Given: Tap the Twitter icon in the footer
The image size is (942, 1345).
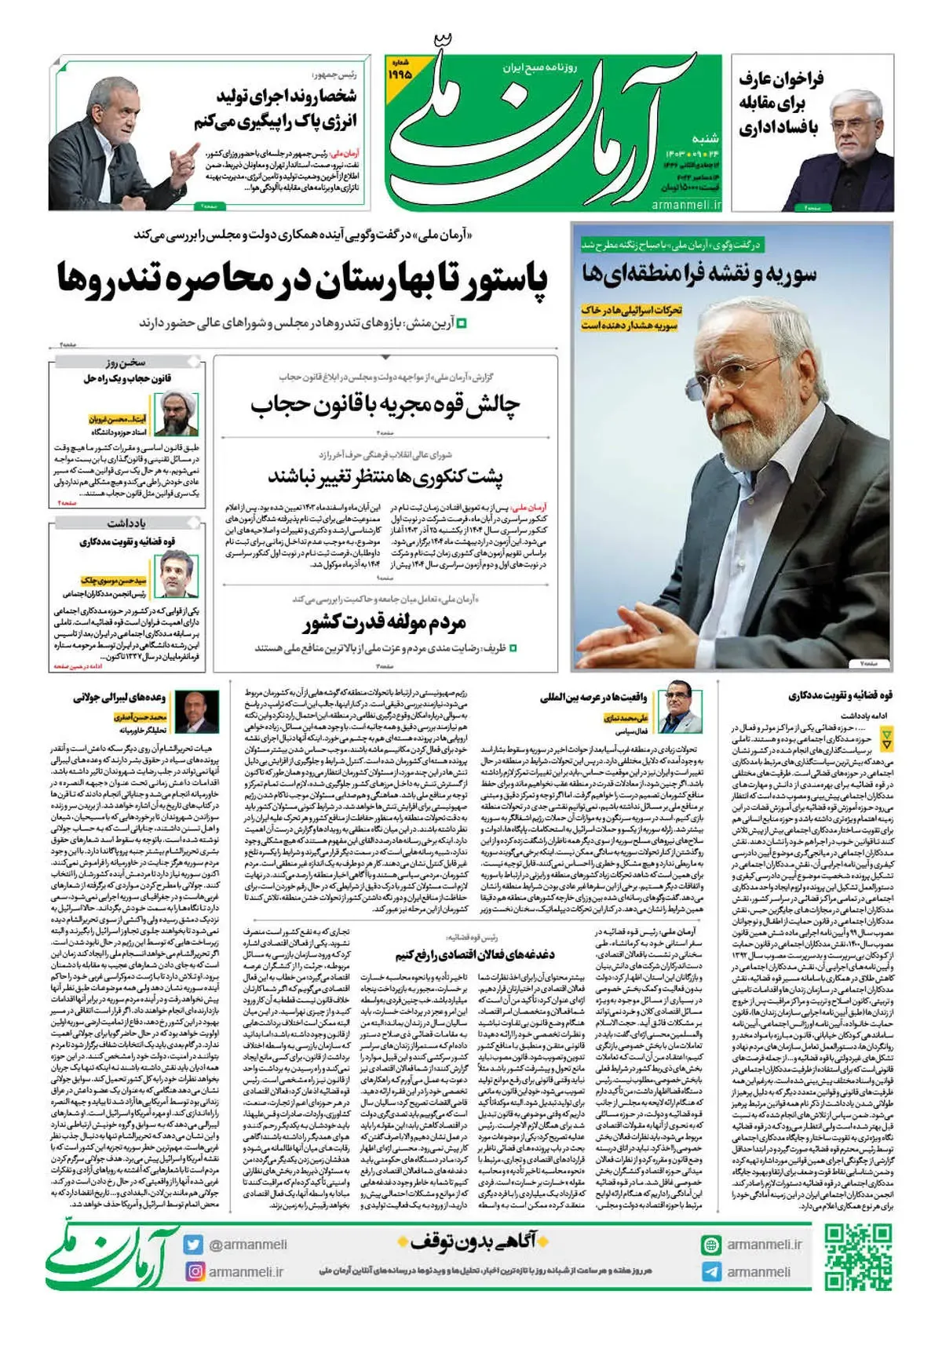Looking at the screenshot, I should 193,1245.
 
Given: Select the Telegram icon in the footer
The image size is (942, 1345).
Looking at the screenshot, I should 711,1272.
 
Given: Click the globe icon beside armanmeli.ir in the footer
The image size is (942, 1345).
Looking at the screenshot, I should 711,1245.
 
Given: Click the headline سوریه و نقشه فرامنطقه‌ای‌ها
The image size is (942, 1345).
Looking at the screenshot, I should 699,274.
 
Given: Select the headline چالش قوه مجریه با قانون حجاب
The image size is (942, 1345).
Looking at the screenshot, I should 385,405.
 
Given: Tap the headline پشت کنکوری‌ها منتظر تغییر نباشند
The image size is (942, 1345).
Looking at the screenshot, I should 385,476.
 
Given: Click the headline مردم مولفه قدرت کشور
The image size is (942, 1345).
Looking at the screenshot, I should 385,623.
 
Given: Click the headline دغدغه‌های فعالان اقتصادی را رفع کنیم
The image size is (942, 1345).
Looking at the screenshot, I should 475,954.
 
